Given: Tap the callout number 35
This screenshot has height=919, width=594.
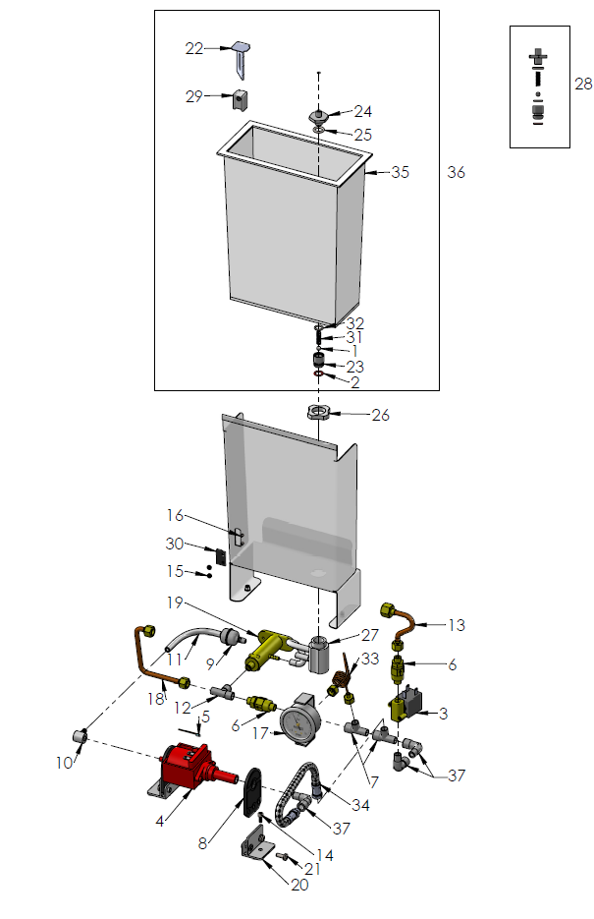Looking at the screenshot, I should tap(400, 172).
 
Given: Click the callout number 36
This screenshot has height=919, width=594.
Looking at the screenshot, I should tap(456, 172).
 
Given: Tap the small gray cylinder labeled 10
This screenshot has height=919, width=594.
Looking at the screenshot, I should tap(81, 735).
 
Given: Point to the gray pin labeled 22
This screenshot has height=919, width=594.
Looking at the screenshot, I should tap(243, 58).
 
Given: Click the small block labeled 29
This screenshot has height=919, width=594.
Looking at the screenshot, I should tap(239, 98).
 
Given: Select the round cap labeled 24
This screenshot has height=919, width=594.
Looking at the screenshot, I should tap(319, 115).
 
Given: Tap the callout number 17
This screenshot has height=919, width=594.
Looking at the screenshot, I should tap(261, 732).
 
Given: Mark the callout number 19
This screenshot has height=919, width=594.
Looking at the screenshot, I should tap(176, 602).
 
